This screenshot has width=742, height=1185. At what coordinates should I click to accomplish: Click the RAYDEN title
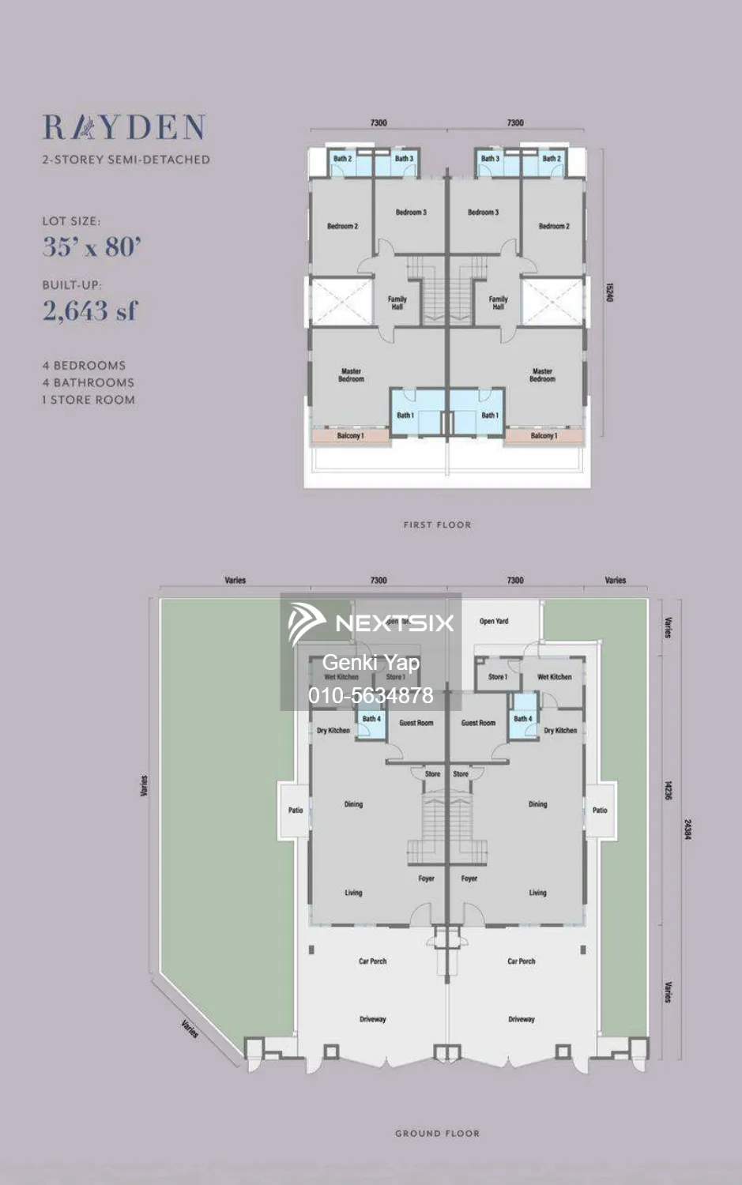(124, 128)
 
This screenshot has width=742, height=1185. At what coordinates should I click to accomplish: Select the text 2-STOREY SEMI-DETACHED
(126, 160)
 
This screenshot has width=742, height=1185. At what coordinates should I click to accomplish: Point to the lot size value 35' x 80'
(92, 247)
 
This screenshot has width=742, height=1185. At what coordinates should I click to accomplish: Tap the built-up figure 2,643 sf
(90, 311)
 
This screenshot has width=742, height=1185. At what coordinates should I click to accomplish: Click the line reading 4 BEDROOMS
(85, 366)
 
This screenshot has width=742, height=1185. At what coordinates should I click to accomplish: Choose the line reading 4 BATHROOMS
(89, 382)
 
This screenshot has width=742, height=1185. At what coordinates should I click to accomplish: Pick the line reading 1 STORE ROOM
(89, 400)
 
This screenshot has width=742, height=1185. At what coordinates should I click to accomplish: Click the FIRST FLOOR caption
(437, 525)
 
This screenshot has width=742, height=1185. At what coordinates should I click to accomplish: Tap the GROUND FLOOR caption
(437, 1133)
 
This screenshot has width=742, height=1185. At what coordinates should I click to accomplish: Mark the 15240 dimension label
(609, 292)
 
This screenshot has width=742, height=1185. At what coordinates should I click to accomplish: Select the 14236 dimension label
(668, 791)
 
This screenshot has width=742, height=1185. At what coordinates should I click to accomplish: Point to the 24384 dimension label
(687, 829)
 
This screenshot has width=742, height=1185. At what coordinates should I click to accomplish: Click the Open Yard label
(494, 622)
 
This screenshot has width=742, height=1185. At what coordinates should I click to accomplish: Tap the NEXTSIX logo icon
(307, 623)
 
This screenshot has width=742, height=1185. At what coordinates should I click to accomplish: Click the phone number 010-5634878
(371, 695)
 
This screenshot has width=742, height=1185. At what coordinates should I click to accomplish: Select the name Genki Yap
(371, 663)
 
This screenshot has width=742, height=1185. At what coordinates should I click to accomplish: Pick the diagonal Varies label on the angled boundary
(190, 1029)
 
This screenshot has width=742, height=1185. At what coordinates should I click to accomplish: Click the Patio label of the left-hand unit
(296, 811)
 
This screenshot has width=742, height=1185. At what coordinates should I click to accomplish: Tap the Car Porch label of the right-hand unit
(522, 961)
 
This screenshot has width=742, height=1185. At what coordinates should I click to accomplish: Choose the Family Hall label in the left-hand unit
(397, 303)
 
